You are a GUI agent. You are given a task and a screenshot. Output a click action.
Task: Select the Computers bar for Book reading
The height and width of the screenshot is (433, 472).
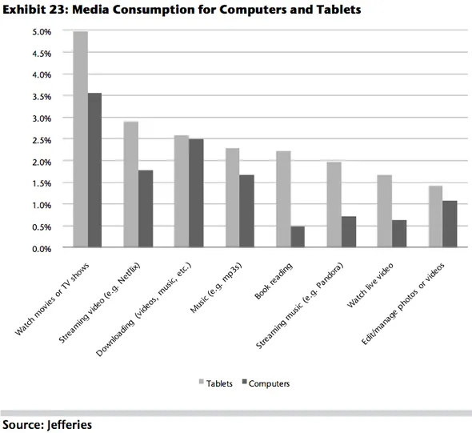[298, 238]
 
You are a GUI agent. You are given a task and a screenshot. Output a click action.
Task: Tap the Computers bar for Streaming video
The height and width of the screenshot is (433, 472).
[146, 209]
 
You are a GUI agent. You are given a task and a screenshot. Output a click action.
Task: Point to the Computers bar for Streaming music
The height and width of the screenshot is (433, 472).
[348, 232]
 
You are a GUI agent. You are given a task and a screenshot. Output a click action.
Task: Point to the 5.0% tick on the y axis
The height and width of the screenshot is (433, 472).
[41, 32]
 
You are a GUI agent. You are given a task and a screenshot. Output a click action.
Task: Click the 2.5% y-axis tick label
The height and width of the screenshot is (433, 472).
[41, 140]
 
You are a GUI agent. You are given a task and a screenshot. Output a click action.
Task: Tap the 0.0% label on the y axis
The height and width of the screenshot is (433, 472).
[41, 248]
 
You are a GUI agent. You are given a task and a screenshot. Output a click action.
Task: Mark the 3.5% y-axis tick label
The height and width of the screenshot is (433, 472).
[41, 97]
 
